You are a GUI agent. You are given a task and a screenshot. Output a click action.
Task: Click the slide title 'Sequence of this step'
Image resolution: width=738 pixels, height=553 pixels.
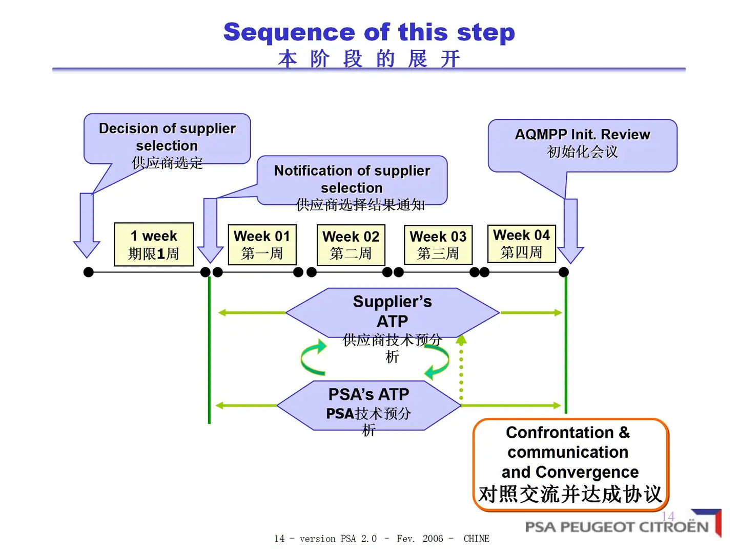pyautogui.click(x=369, y=32)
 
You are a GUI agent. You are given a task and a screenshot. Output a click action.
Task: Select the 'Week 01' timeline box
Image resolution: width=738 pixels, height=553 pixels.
pyautogui.click(x=262, y=244)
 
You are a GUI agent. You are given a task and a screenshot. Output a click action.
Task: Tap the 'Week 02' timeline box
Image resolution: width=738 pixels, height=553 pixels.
pyautogui.click(x=351, y=245)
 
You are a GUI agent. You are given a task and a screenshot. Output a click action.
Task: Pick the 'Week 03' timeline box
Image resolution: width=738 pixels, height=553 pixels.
pyautogui.click(x=438, y=245)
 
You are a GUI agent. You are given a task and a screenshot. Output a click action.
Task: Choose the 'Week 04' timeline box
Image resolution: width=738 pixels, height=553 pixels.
pyautogui.click(x=521, y=244)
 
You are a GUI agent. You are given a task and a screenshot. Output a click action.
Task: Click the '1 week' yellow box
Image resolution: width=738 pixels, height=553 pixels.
pyautogui.click(x=154, y=244)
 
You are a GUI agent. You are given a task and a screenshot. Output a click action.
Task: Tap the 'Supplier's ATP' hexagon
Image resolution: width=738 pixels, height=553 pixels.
pyautogui.click(x=392, y=312)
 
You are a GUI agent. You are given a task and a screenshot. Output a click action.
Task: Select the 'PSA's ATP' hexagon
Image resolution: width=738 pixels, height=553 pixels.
pyautogui.click(x=368, y=405)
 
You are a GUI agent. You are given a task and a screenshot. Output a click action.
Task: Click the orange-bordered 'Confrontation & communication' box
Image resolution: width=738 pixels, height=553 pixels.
pyautogui.click(x=571, y=464)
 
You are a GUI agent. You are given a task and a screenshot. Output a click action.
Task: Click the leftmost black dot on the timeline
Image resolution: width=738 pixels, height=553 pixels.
pyautogui.click(x=89, y=272)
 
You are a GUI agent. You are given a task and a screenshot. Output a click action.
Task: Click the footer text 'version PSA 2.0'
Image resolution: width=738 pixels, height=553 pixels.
pyautogui.click(x=338, y=539)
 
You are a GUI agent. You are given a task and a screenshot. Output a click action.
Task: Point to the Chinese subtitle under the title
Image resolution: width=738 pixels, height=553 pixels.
pyautogui.click(x=369, y=59)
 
